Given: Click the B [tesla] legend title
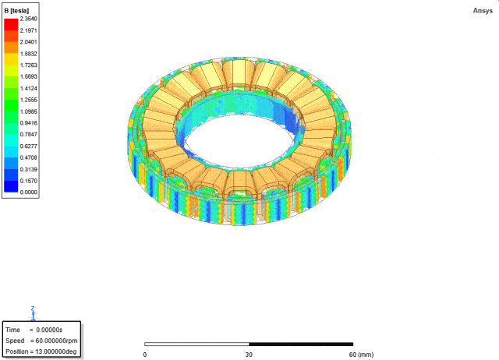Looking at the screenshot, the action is coord(16,11).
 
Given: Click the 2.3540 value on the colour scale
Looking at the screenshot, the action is coord(29,19).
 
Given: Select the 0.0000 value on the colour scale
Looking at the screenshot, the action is coord(29,192).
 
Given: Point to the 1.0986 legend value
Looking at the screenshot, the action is coord(29,111).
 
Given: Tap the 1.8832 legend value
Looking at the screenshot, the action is coord(29,54).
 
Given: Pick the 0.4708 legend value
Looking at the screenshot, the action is coord(29,157).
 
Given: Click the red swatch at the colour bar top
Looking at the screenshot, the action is coord(11,24).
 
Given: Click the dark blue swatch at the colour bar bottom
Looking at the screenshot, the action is coord(11,186).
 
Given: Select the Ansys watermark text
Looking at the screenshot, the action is coord(483,11).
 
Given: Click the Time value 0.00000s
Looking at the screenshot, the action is coord(49,330).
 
